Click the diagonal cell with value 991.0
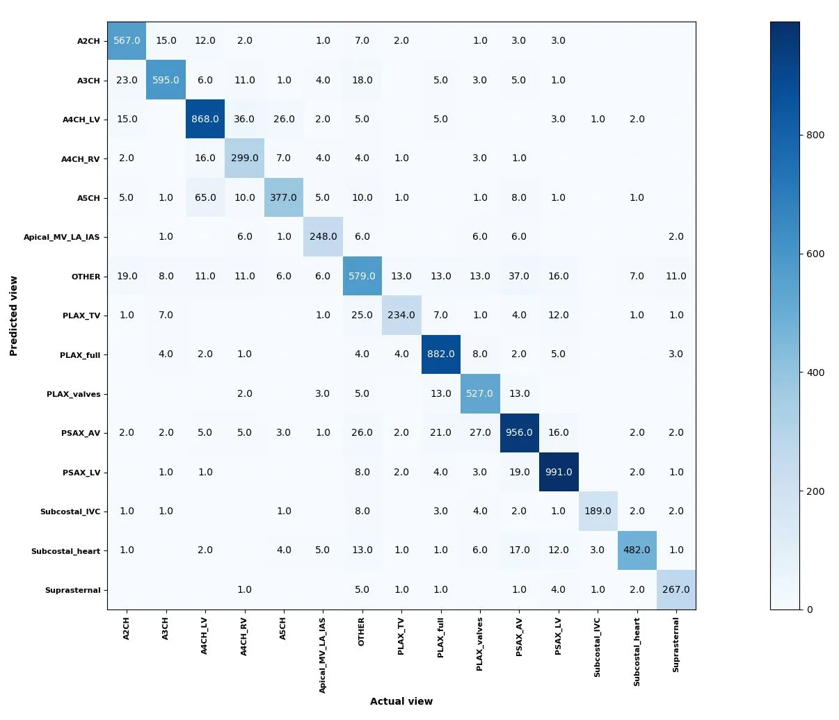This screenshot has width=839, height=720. (559, 472)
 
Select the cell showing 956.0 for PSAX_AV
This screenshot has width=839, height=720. (519, 432)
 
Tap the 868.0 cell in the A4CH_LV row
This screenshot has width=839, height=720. (205, 119)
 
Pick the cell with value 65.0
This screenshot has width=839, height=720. (205, 197)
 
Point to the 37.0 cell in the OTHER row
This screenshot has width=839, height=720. (519, 276)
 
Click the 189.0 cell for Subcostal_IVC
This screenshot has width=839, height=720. (598, 511)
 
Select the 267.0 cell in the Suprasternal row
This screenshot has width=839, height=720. (676, 589)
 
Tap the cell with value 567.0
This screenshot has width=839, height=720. (127, 40)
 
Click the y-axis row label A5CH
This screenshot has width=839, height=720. (88, 198)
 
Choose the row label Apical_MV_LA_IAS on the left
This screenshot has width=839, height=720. (62, 237)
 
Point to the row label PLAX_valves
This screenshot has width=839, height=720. (74, 394)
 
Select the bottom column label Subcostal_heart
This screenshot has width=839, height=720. (637, 652)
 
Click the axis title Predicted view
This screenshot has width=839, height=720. (13, 316)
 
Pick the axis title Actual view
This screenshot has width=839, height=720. (401, 701)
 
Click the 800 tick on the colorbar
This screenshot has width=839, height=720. (815, 135)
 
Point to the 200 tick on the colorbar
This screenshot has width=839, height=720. (815, 491)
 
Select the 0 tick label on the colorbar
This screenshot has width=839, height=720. (810, 609)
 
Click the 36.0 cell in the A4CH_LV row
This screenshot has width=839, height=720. (244, 119)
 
